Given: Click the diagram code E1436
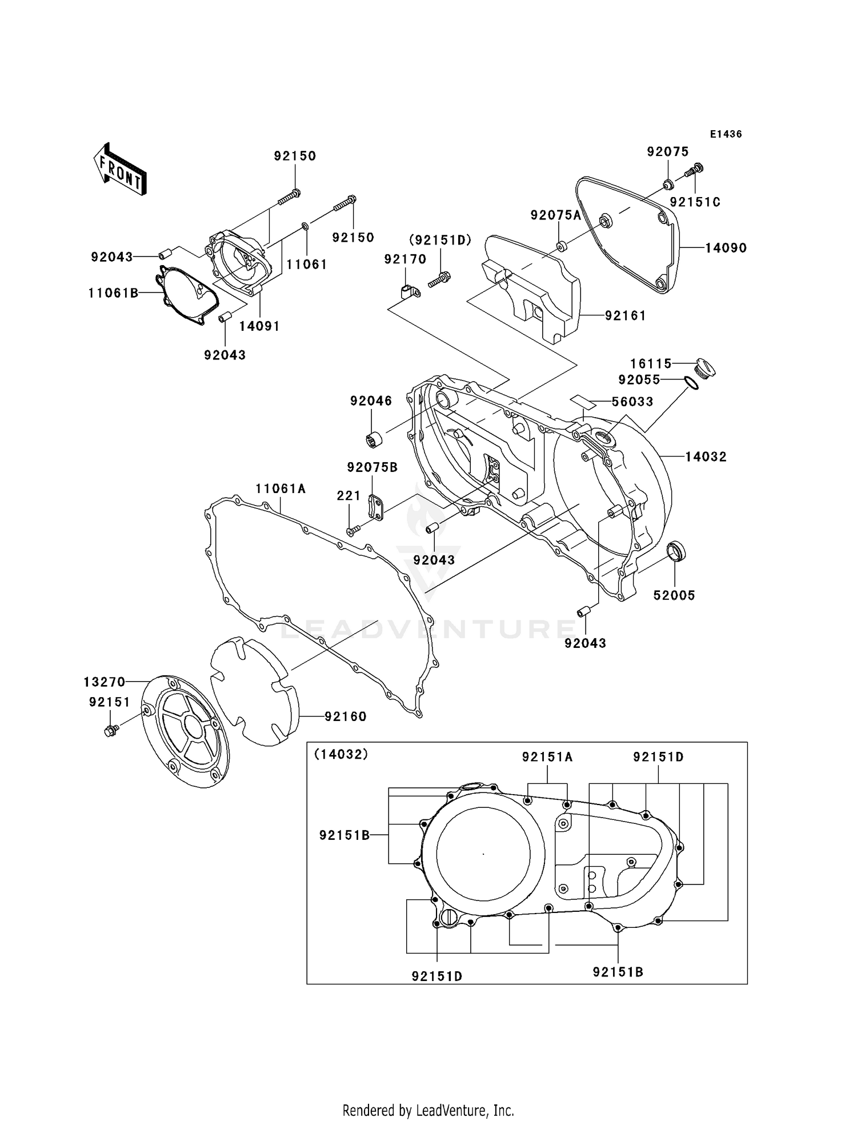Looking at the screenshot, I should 726,134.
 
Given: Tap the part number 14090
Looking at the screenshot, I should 726,248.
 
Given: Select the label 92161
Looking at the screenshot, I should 625,315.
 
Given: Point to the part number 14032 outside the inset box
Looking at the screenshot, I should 706,457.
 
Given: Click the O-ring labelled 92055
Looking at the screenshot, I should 691,383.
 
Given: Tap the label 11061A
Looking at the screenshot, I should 281,489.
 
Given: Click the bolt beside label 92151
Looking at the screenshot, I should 111,730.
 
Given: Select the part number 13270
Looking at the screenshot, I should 105,682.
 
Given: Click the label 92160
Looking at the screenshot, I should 345,716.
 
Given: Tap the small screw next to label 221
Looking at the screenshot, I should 351,531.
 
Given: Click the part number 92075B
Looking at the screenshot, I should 372,467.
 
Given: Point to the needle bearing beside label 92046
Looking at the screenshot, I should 375,441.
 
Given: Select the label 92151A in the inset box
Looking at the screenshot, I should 547,757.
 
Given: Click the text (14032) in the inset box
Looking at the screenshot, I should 342,754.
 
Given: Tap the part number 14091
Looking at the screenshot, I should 259,326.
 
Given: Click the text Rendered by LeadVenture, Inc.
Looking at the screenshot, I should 428,1110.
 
